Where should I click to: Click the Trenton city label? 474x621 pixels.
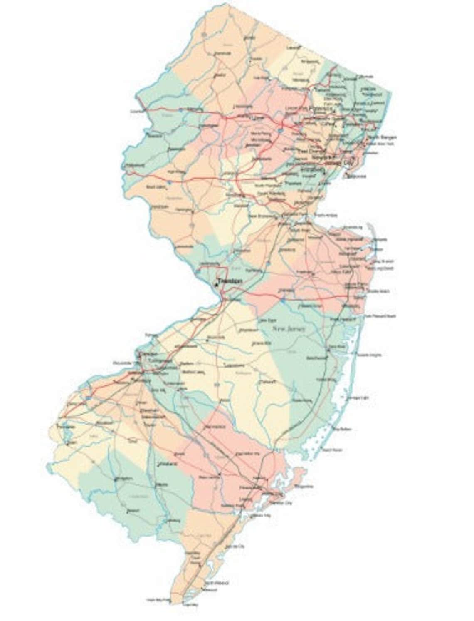coord(230,281)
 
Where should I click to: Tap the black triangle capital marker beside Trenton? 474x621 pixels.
coord(217,285)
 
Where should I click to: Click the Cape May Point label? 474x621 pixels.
coord(158,600)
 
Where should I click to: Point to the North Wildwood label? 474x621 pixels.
coord(217,583)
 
